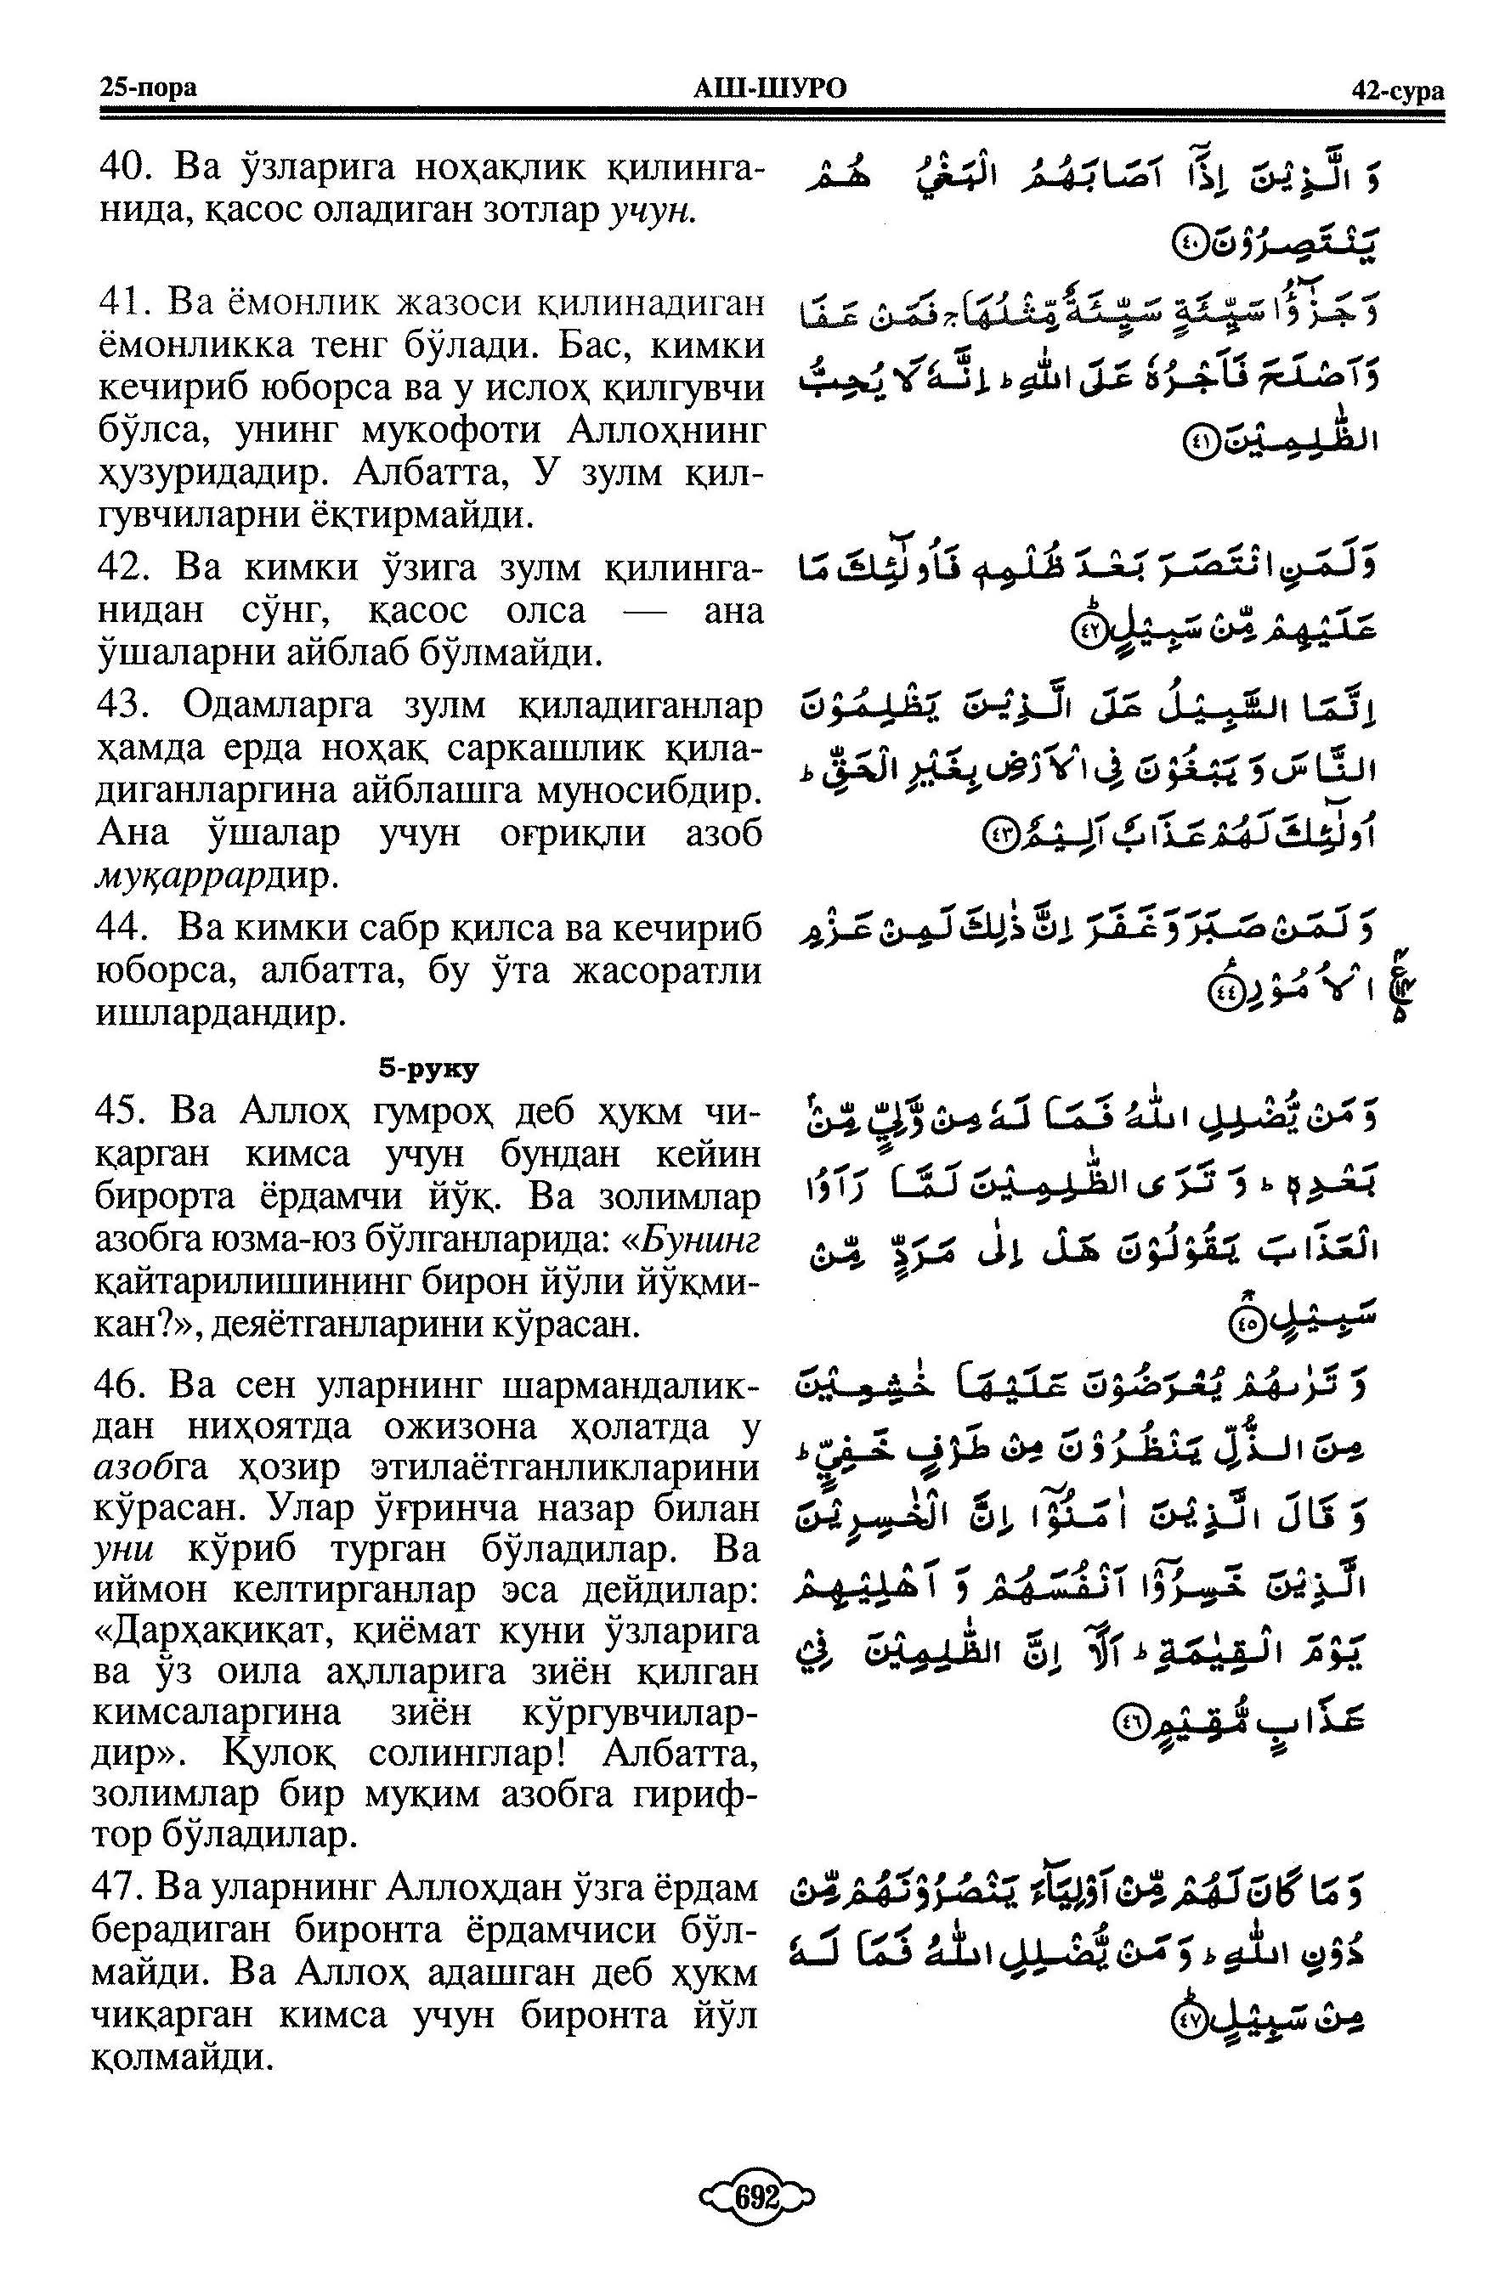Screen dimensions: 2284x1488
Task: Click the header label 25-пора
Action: point(148,88)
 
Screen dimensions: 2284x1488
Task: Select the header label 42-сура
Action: point(1396,90)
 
